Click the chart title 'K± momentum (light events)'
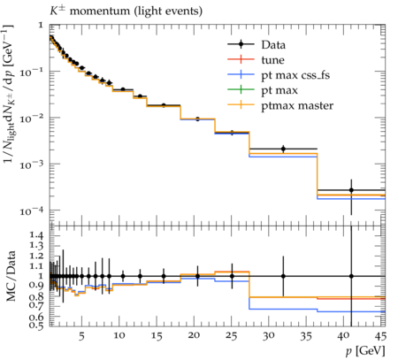pyautogui.click(x=126, y=11)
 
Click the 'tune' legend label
pyautogui.click(x=272, y=60)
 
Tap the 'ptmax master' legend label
pyautogui.click(x=297, y=105)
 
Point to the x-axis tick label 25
pyautogui.click(x=232, y=336)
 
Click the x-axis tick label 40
pyautogui.click(x=343, y=336)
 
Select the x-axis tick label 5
pyautogui.click(x=81, y=336)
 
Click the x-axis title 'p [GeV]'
pyautogui.click(x=365, y=351)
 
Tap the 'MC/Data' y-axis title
pyautogui.click(x=11, y=276)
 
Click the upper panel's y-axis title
pyautogui.click(x=9, y=94)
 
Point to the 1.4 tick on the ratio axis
pyautogui.click(x=36, y=235)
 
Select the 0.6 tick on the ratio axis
pyautogui.click(x=36, y=317)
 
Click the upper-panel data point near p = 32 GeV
pyautogui.click(x=283, y=149)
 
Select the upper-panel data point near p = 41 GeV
pyautogui.click(x=351, y=190)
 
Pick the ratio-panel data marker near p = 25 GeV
pyautogui.click(x=232, y=276)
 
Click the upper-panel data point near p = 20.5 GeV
pyautogui.click(x=197, y=119)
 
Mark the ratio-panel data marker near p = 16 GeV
pyautogui.click(x=164, y=276)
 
